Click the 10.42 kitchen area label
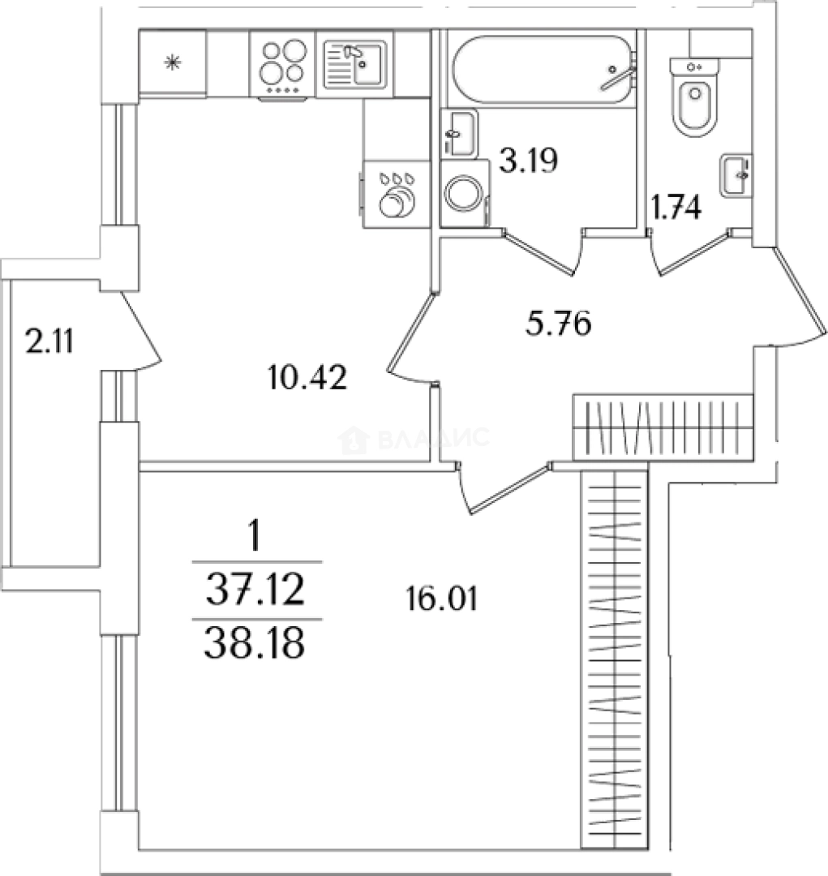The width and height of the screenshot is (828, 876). point(307,377)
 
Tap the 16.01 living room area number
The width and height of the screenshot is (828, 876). point(441,599)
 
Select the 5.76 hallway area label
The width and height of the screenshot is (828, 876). point(558,324)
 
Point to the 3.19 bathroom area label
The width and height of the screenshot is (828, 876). point(528,161)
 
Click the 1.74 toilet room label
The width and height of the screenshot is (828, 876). point(676,208)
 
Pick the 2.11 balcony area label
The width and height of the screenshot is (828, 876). point(49,341)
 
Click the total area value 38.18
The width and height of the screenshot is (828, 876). point(255,642)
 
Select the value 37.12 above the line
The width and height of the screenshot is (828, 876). point(256,590)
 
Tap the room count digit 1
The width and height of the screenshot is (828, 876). point(255,535)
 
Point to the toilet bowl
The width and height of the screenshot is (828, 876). point(694,97)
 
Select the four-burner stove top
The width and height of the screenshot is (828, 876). point(283,66)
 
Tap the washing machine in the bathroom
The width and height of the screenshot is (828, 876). point(465,194)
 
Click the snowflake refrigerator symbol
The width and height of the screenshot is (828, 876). point(173,62)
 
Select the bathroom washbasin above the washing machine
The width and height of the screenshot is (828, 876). point(459,134)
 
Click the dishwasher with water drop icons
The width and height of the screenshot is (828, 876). point(396,194)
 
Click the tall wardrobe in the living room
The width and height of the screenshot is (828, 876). point(615,660)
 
